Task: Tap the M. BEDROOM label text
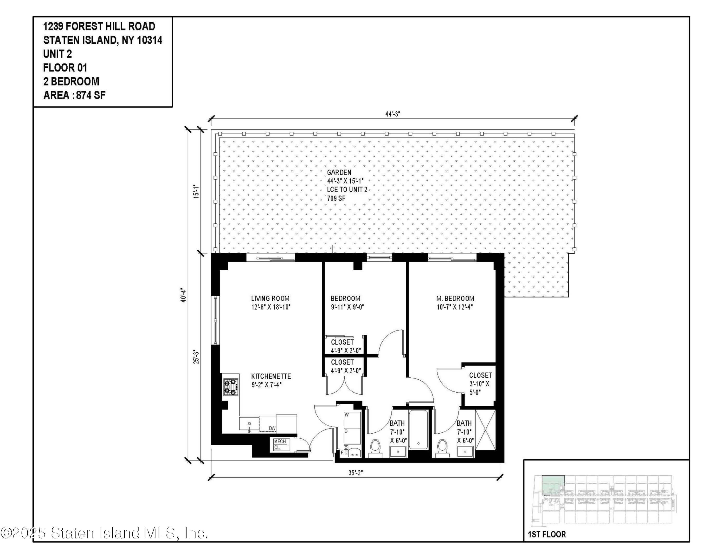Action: click(455, 298)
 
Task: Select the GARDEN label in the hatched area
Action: click(339, 172)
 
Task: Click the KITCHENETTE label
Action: click(271, 376)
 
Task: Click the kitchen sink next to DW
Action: click(249, 424)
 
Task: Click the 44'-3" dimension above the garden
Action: click(392, 114)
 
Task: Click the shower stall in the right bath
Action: click(485, 429)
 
